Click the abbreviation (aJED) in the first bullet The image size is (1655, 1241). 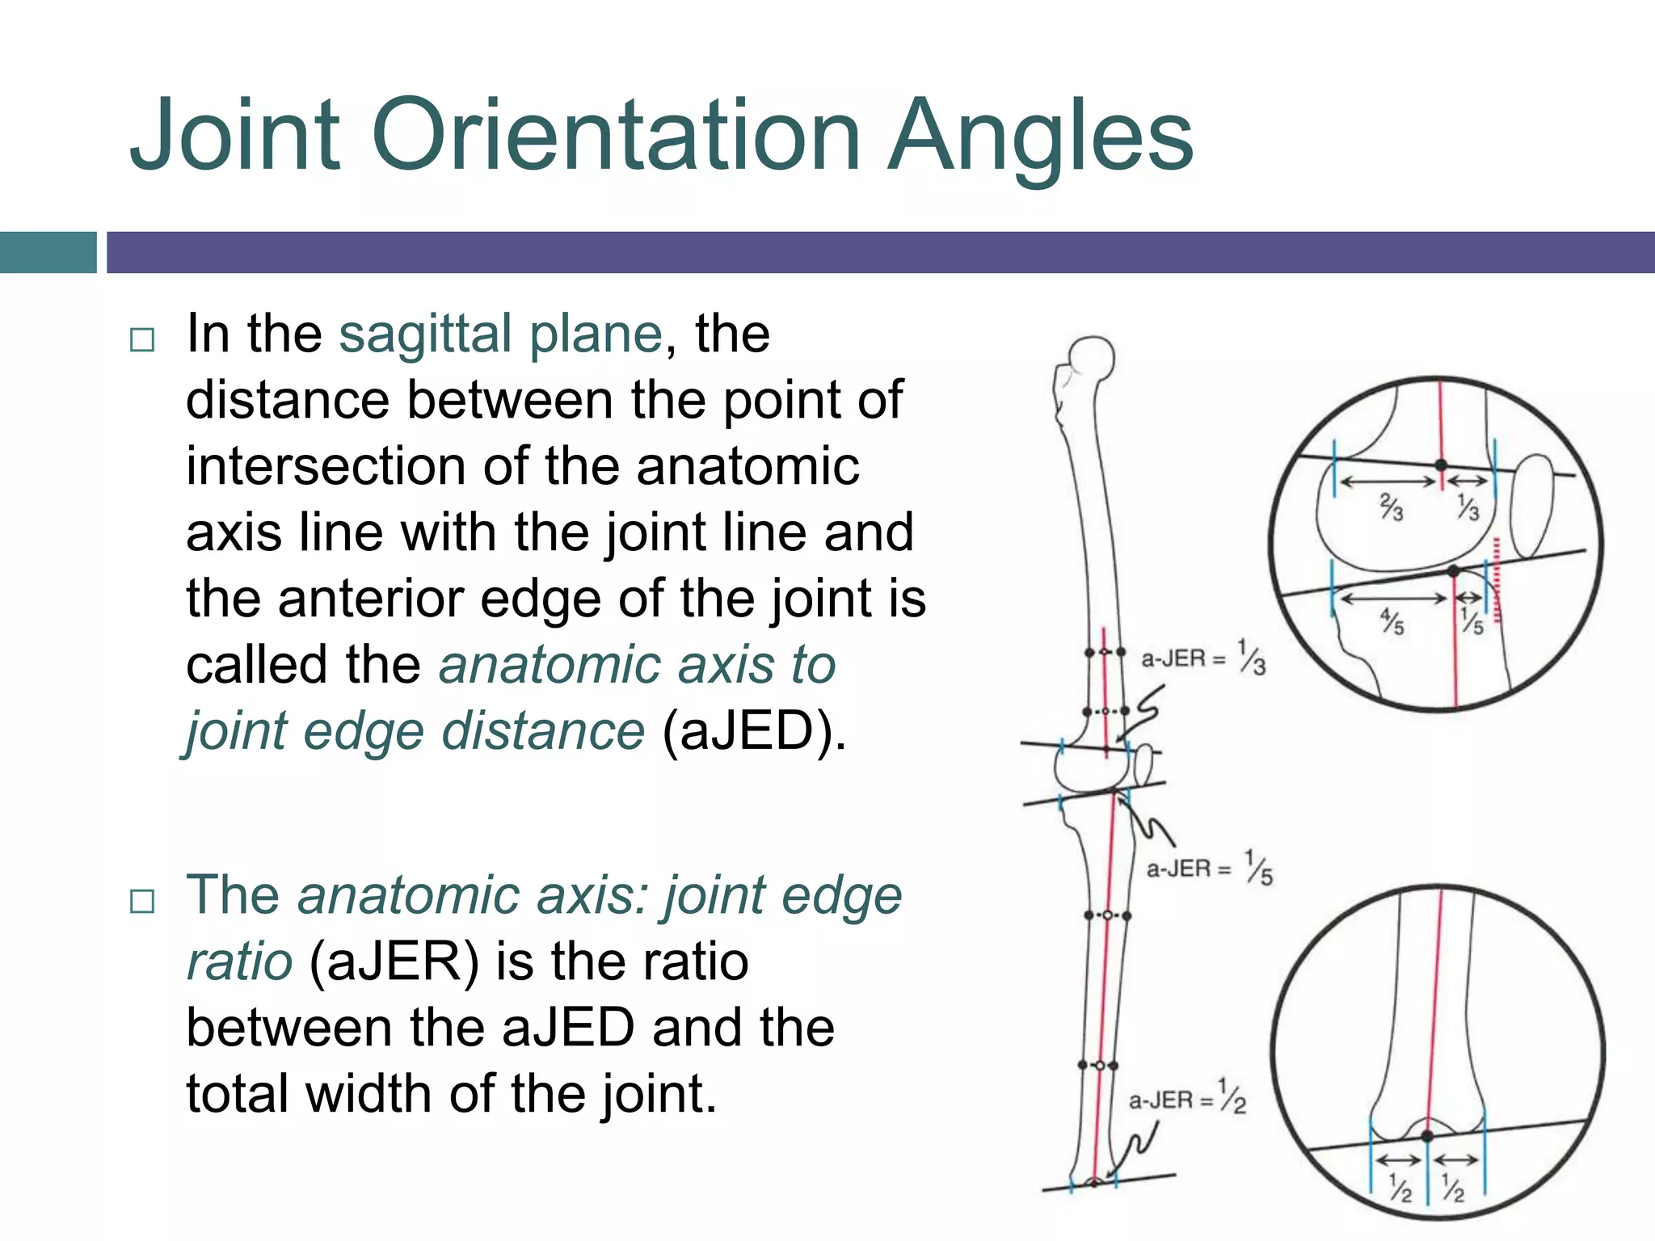point(753,731)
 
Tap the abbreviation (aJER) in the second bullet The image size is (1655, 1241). point(394,962)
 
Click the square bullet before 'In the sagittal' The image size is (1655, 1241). point(142,339)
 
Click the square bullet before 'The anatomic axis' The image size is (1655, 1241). point(142,901)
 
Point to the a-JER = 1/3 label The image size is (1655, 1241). point(1202,658)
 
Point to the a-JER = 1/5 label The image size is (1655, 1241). point(1209,869)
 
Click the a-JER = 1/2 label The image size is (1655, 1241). point(1186,1099)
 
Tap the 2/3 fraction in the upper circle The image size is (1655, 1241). point(1391,507)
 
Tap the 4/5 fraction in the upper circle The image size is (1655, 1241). point(1392,622)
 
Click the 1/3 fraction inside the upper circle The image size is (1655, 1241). point(1468,507)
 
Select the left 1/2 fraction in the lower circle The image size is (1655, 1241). point(1400,1188)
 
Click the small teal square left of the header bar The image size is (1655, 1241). point(48,252)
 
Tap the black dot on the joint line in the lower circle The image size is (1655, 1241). point(1427,1136)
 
